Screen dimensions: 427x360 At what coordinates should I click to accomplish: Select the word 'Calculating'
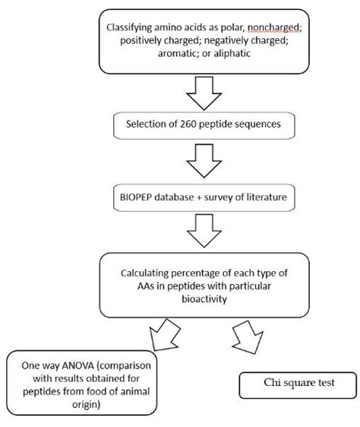tap(148, 271)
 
